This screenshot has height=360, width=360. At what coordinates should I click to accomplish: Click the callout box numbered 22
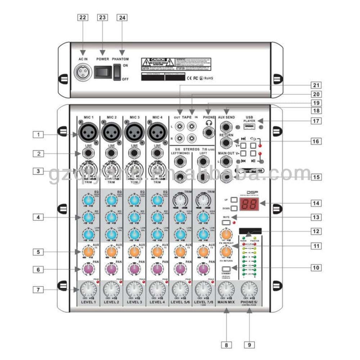82,17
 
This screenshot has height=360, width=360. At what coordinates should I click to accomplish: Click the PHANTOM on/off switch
116,72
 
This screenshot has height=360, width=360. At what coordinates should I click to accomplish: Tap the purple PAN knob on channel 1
87,269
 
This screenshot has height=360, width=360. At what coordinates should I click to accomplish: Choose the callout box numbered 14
316,203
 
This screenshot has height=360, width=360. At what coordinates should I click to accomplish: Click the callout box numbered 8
226,345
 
